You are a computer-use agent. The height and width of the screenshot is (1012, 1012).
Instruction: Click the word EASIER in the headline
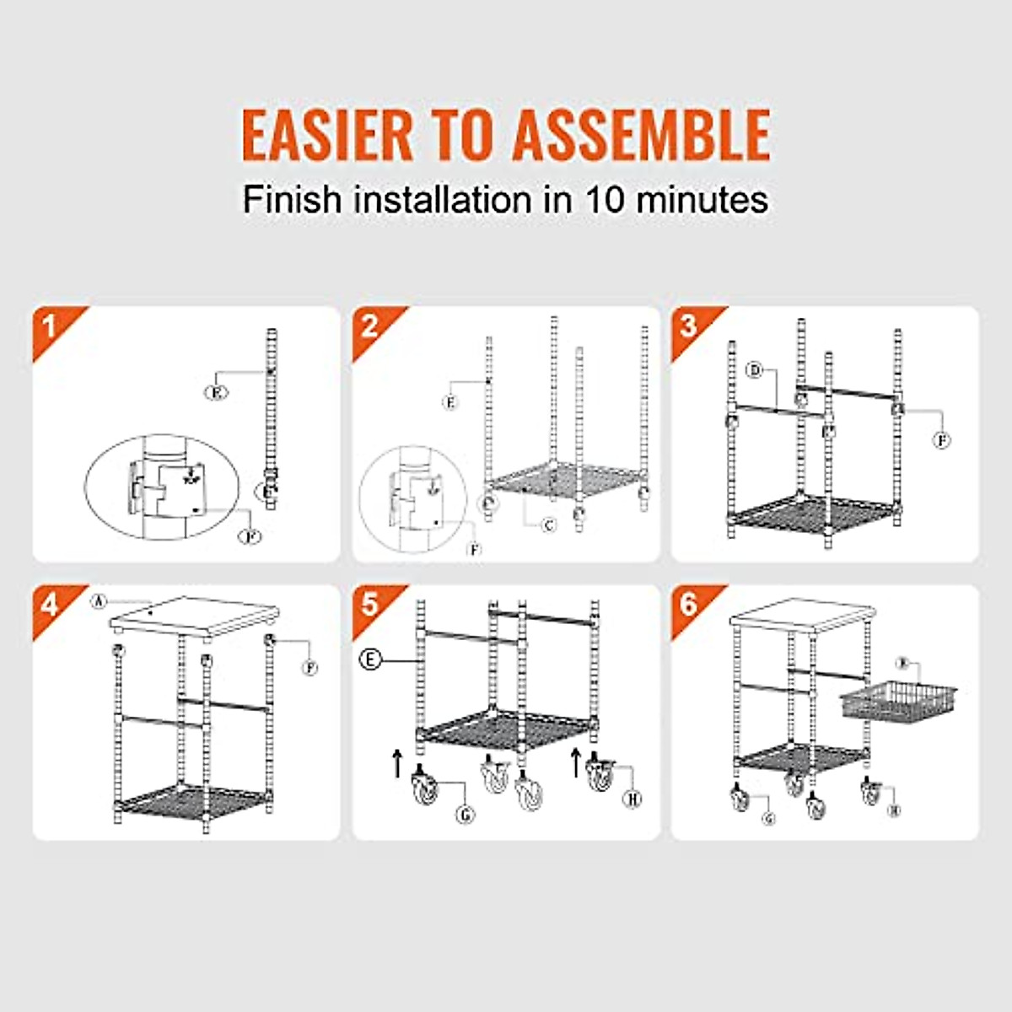click(x=327, y=134)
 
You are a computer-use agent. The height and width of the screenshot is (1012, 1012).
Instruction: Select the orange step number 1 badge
click(x=51, y=326)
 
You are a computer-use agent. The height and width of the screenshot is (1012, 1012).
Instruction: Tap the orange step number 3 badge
click(x=690, y=326)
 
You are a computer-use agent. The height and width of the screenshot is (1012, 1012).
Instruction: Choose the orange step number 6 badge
click(x=690, y=604)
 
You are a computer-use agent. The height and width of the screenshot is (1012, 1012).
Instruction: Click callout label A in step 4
click(x=99, y=601)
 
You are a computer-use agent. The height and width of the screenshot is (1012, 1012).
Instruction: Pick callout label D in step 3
click(x=755, y=370)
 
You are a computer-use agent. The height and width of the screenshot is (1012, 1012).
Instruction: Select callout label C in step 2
click(x=549, y=525)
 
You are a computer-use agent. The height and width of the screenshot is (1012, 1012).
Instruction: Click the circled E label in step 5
click(x=370, y=659)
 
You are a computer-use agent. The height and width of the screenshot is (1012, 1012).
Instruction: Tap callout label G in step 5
click(x=465, y=815)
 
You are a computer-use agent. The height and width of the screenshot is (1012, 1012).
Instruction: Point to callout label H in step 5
click(x=632, y=798)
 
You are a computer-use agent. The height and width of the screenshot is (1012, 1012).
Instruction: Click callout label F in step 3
click(x=942, y=440)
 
